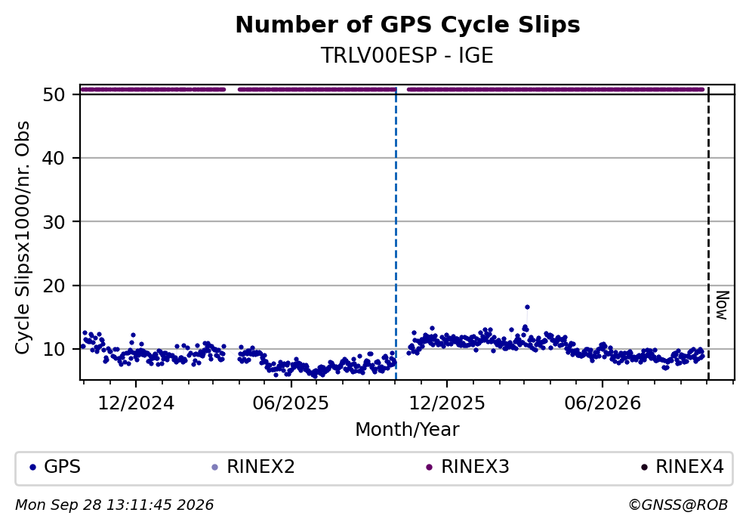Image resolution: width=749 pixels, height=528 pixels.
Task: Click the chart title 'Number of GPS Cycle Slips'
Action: (x=408, y=25)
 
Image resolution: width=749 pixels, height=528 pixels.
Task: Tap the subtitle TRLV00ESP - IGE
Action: (x=407, y=55)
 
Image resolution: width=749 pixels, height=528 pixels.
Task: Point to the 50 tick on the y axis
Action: (x=54, y=94)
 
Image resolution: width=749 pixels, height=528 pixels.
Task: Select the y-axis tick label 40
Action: (x=54, y=158)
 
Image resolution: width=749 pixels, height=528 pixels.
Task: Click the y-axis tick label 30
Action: (x=54, y=222)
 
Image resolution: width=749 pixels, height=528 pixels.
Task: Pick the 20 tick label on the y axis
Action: (x=54, y=286)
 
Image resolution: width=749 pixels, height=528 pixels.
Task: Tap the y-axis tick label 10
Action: (x=54, y=349)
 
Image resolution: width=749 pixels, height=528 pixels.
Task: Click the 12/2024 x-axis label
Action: (x=136, y=403)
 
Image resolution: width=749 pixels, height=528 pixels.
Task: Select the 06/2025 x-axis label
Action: (x=291, y=403)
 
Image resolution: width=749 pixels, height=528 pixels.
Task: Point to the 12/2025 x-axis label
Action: (x=447, y=403)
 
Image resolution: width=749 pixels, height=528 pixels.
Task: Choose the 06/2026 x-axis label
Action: (x=603, y=403)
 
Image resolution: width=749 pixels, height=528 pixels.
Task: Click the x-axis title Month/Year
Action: (x=407, y=430)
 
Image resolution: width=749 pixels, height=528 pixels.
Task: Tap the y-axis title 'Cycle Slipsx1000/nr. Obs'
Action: (x=23, y=237)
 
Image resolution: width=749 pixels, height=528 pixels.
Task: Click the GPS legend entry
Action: (x=55, y=467)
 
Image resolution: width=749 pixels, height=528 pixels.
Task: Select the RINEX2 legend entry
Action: (x=254, y=467)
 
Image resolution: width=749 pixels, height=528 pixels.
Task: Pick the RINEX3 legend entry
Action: (x=468, y=467)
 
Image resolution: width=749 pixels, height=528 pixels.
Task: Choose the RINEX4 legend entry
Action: (x=683, y=467)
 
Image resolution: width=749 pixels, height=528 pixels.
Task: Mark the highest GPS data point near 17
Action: (x=527, y=307)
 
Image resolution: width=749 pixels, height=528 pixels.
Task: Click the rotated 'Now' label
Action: (x=723, y=305)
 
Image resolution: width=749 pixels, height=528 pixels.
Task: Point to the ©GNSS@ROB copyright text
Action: (x=678, y=505)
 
